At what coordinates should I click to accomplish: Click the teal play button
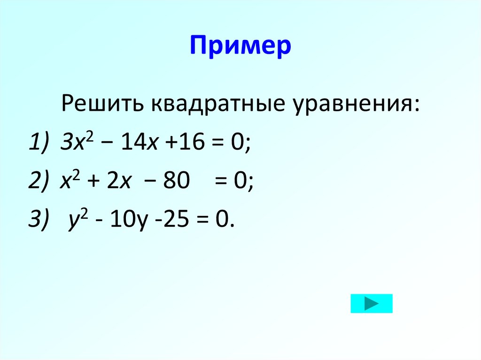[x=371, y=303]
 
